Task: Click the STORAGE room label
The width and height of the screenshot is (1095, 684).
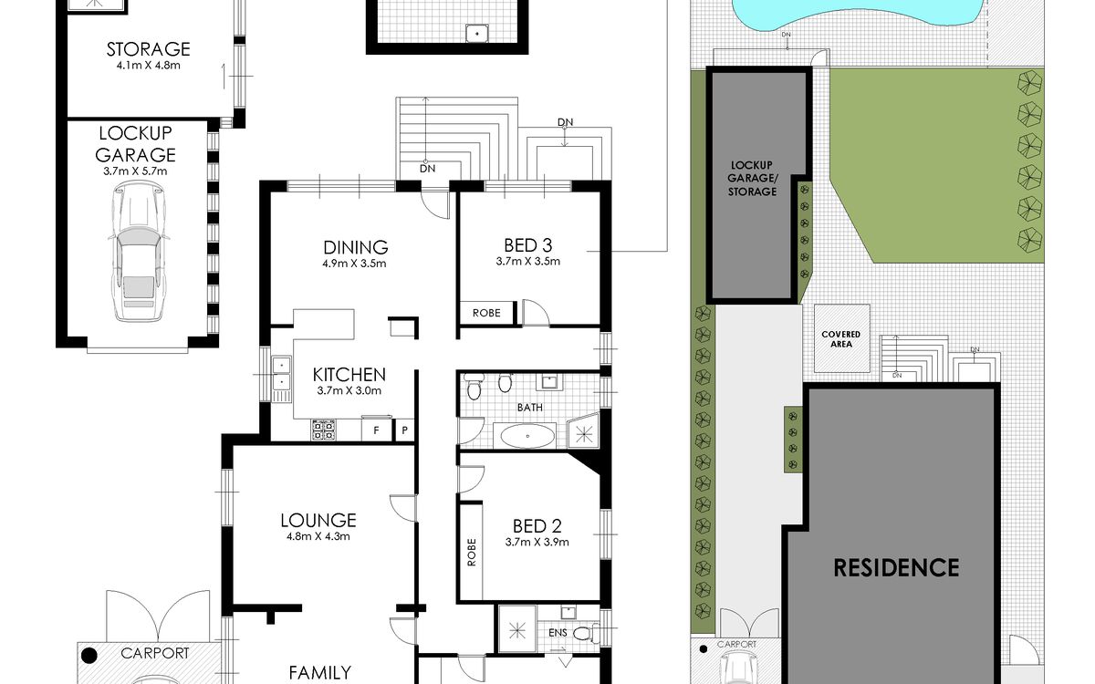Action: coord(148,49)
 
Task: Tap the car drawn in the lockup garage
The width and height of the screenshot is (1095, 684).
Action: coord(139,251)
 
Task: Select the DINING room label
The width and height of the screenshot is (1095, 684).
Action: coord(355,247)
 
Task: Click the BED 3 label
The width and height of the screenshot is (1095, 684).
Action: coord(528,245)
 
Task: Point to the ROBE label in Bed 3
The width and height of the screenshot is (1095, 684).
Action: coord(486,313)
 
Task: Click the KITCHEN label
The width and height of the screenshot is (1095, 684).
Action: coord(349,375)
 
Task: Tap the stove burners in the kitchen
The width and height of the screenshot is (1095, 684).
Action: coord(324,430)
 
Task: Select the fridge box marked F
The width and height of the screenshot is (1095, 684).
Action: coord(376,430)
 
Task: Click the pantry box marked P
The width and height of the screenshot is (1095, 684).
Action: coord(405,430)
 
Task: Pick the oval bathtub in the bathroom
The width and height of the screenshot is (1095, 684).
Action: coord(527,436)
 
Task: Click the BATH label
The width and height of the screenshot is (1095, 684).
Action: coord(530,408)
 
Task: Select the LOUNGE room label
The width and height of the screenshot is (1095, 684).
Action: coord(318,521)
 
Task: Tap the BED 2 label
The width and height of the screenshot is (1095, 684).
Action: coord(537,526)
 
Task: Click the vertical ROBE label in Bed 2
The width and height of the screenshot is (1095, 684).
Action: coord(472,552)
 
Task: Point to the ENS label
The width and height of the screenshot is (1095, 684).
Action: coord(558,633)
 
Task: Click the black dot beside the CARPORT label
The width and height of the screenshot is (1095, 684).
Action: coord(89,656)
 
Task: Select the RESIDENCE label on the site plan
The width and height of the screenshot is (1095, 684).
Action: coord(896,567)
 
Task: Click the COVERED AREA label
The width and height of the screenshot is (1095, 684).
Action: coord(840,339)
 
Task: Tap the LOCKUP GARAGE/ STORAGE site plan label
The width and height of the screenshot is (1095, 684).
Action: coord(752,179)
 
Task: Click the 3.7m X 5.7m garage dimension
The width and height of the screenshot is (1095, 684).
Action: coord(135,171)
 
